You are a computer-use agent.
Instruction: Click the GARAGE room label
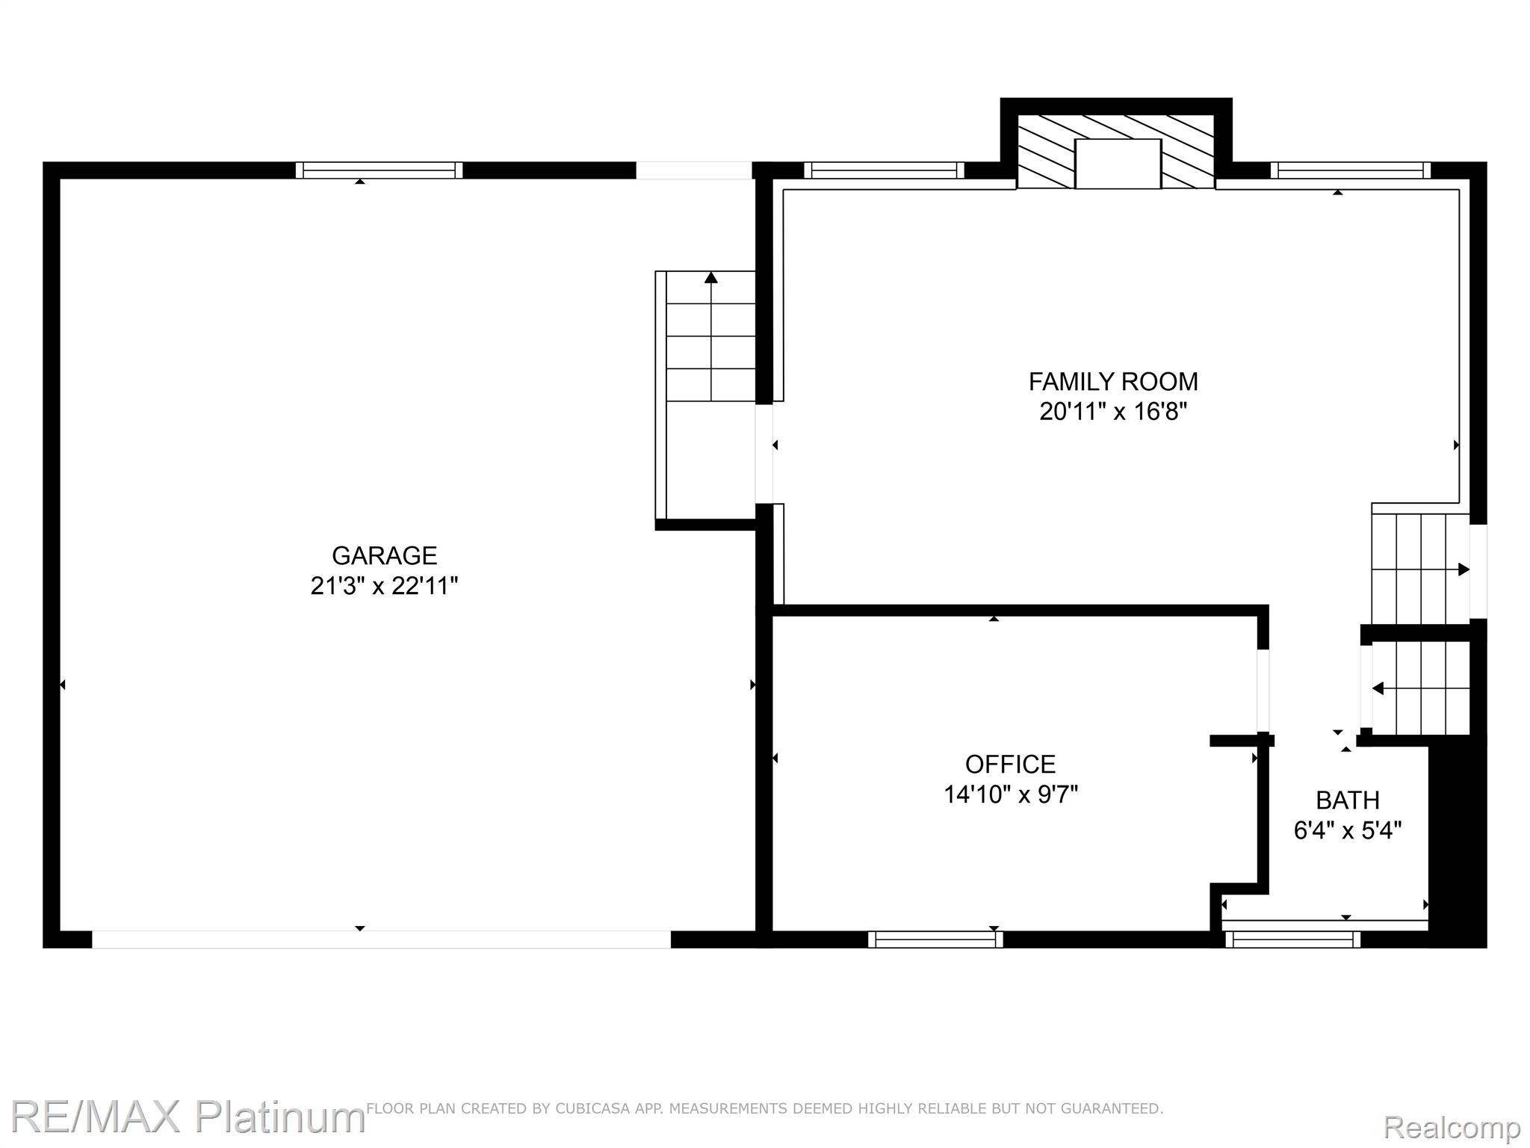(x=384, y=555)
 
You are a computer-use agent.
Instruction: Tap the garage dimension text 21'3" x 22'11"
(x=384, y=586)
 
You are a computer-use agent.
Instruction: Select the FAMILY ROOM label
(x=1113, y=382)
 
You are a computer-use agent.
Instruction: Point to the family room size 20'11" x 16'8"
(x=1113, y=412)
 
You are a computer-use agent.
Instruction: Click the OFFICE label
(x=1010, y=764)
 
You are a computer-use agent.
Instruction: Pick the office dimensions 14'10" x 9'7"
(x=1010, y=794)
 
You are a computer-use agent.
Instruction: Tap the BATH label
(x=1347, y=800)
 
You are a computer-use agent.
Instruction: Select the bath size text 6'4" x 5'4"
(x=1347, y=830)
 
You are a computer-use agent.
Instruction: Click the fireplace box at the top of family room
(x=1118, y=163)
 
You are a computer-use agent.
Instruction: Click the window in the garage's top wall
(x=379, y=170)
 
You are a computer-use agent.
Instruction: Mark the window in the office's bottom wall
(x=935, y=939)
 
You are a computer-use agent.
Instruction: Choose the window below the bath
(x=1292, y=939)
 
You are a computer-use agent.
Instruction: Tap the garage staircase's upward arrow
(x=711, y=278)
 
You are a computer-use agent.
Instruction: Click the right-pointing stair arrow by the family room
(x=1463, y=570)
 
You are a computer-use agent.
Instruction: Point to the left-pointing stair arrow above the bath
(x=1378, y=688)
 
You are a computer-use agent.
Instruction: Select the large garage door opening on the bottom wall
(x=381, y=939)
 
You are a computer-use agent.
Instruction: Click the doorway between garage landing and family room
(x=764, y=454)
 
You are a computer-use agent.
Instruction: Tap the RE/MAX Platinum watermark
(x=187, y=1117)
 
